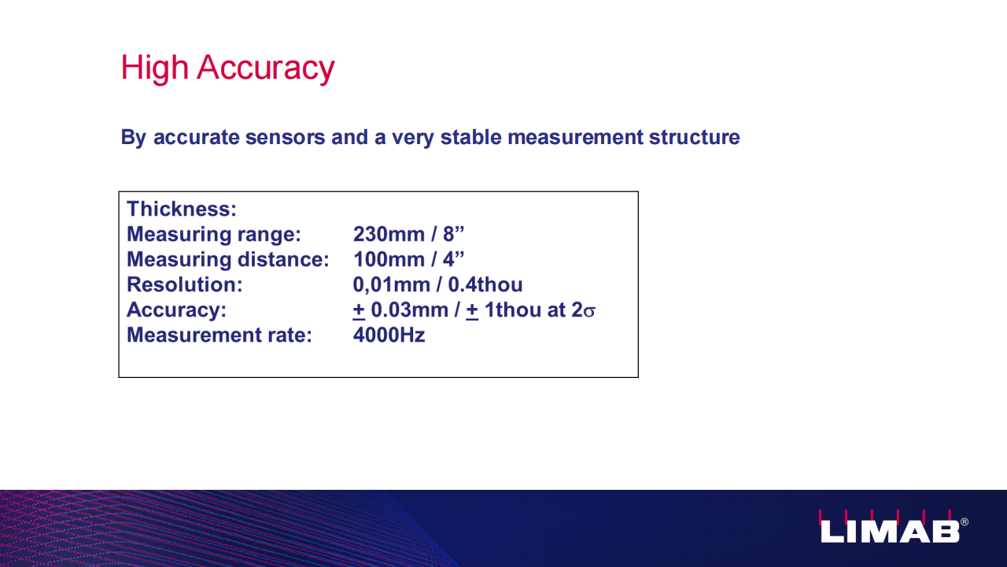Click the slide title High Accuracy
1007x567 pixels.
click(227, 68)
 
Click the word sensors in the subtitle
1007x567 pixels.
click(285, 137)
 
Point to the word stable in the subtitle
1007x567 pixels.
click(470, 137)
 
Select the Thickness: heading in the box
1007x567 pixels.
click(182, 209)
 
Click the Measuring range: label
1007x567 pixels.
click(213, 235)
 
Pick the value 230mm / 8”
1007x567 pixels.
click(408, 234)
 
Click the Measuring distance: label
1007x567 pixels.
click(228, 260)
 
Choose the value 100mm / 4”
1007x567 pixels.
click(408, 259)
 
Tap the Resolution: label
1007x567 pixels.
click(184, 284)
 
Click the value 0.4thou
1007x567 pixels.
click(485, 284)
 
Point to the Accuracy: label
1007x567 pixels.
click(176, 310)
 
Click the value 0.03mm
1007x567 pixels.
click(409, 310)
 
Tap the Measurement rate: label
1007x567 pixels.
click(219, 335)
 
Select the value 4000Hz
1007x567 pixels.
click(389, 335)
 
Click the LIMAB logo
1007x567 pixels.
click(890, 527)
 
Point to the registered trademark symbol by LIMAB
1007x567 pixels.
click(965, 522)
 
